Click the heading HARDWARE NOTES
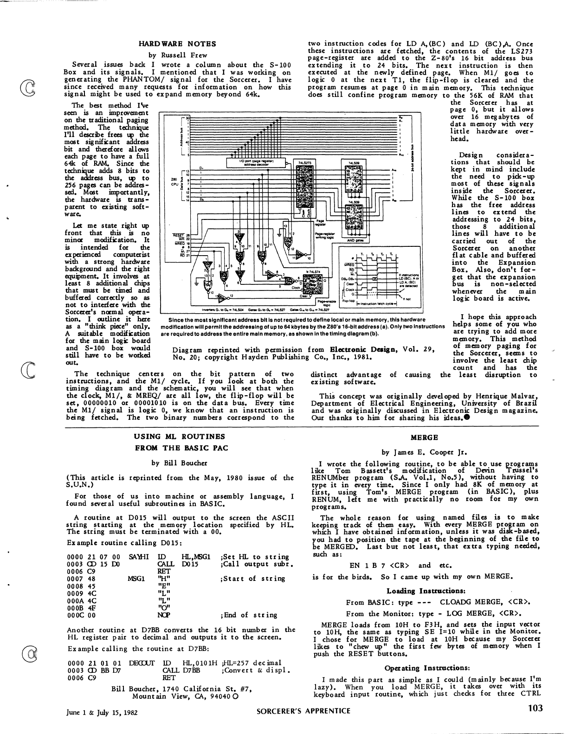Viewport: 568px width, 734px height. pos(177,44)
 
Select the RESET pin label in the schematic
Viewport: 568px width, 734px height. pos(178,235)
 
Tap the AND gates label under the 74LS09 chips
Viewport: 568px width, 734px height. pos(355,240)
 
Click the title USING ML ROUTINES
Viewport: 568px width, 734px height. pos(179,437)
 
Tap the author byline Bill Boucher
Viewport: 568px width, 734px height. pos(179,463)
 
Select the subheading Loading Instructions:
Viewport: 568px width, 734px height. pos(426,591)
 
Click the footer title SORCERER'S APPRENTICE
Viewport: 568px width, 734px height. pos(303,711)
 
